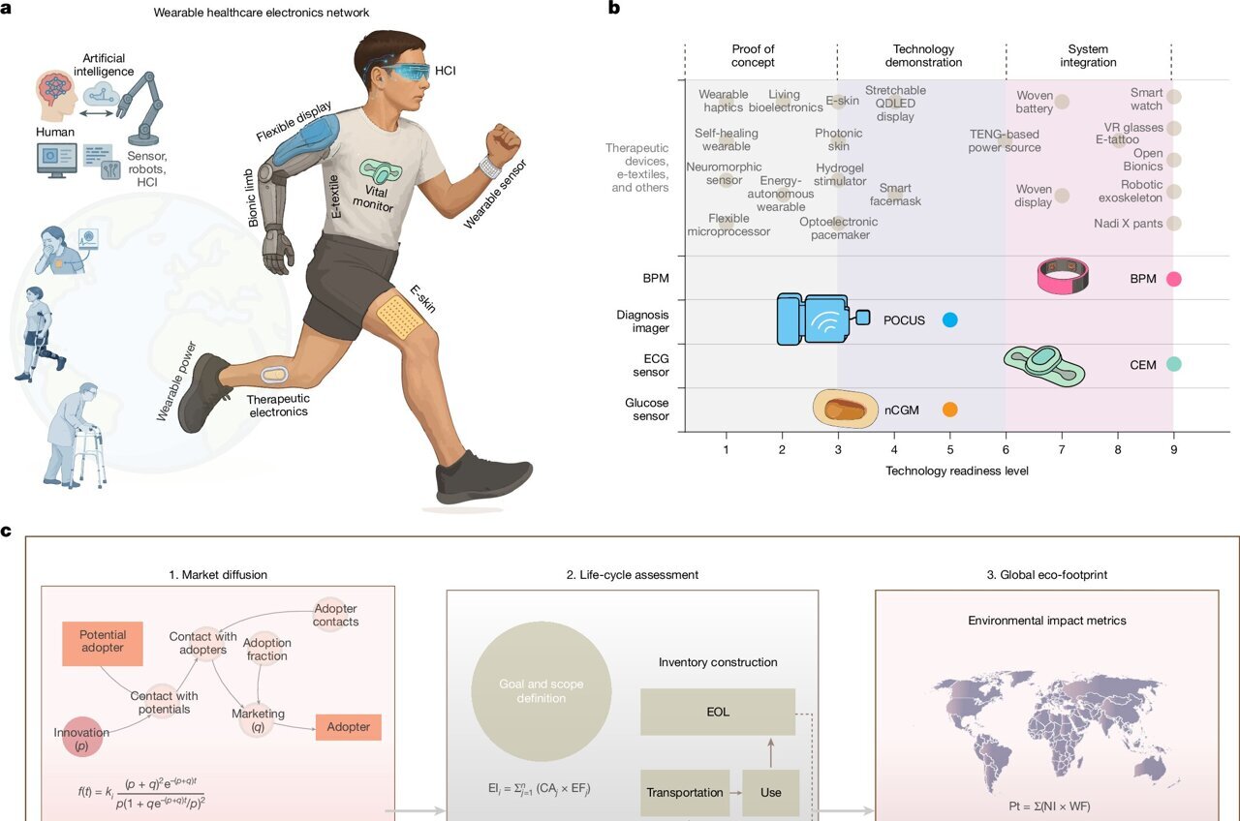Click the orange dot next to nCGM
click(x=949, y=410)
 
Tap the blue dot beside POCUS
click(x=949, y=320)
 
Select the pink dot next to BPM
click(x=1173, y=279)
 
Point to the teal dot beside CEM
click(x=1173, y=365)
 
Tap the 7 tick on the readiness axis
click(x=1062, y=450)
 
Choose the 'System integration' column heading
click(x=1089, y=56)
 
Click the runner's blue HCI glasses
click(x=402, y=73)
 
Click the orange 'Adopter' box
click(x=348, y=726)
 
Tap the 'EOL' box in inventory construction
click(x=717, y=712)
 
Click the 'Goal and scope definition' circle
click(x=541, y=690)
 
